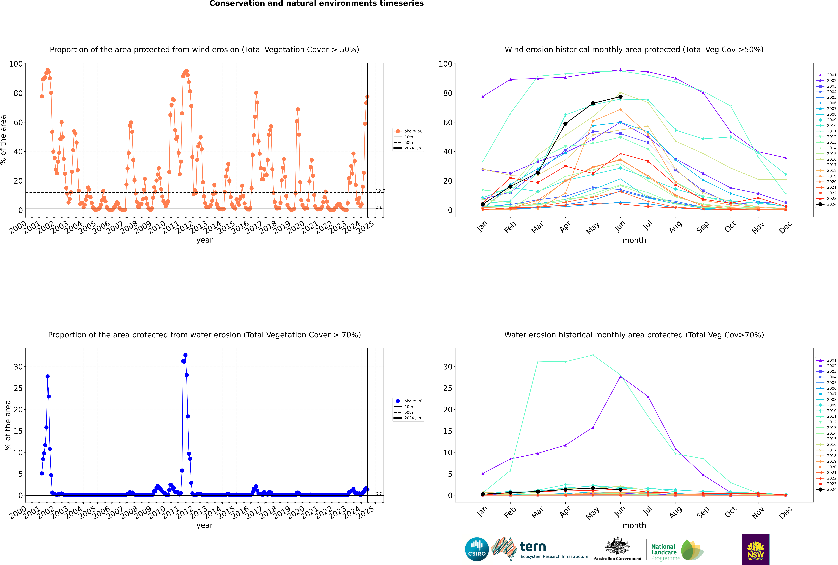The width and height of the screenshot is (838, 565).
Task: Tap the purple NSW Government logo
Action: pyautogui.click(x=755, y=549)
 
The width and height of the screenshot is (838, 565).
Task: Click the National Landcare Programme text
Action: pyautogui.click(x=665, y=552)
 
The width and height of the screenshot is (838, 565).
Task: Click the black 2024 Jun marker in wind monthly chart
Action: pyautogui.click(x=620, y=97)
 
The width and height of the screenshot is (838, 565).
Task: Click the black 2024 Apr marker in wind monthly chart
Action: pyautogui.click(x=565, y=124)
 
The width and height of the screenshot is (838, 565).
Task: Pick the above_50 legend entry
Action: pyautogui.click(x=408, y=131)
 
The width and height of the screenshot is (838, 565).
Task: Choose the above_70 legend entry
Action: pyautogui.click(x=408, y=401)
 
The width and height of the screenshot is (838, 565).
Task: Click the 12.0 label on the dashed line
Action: pyautogui.click(x=380, y=191)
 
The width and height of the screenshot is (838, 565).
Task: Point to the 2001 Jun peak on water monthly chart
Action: pyautogui.click(x=620, y=377)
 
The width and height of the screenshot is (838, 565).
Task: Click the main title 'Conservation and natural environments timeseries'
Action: pyautogui.click(x=317, y=4)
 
